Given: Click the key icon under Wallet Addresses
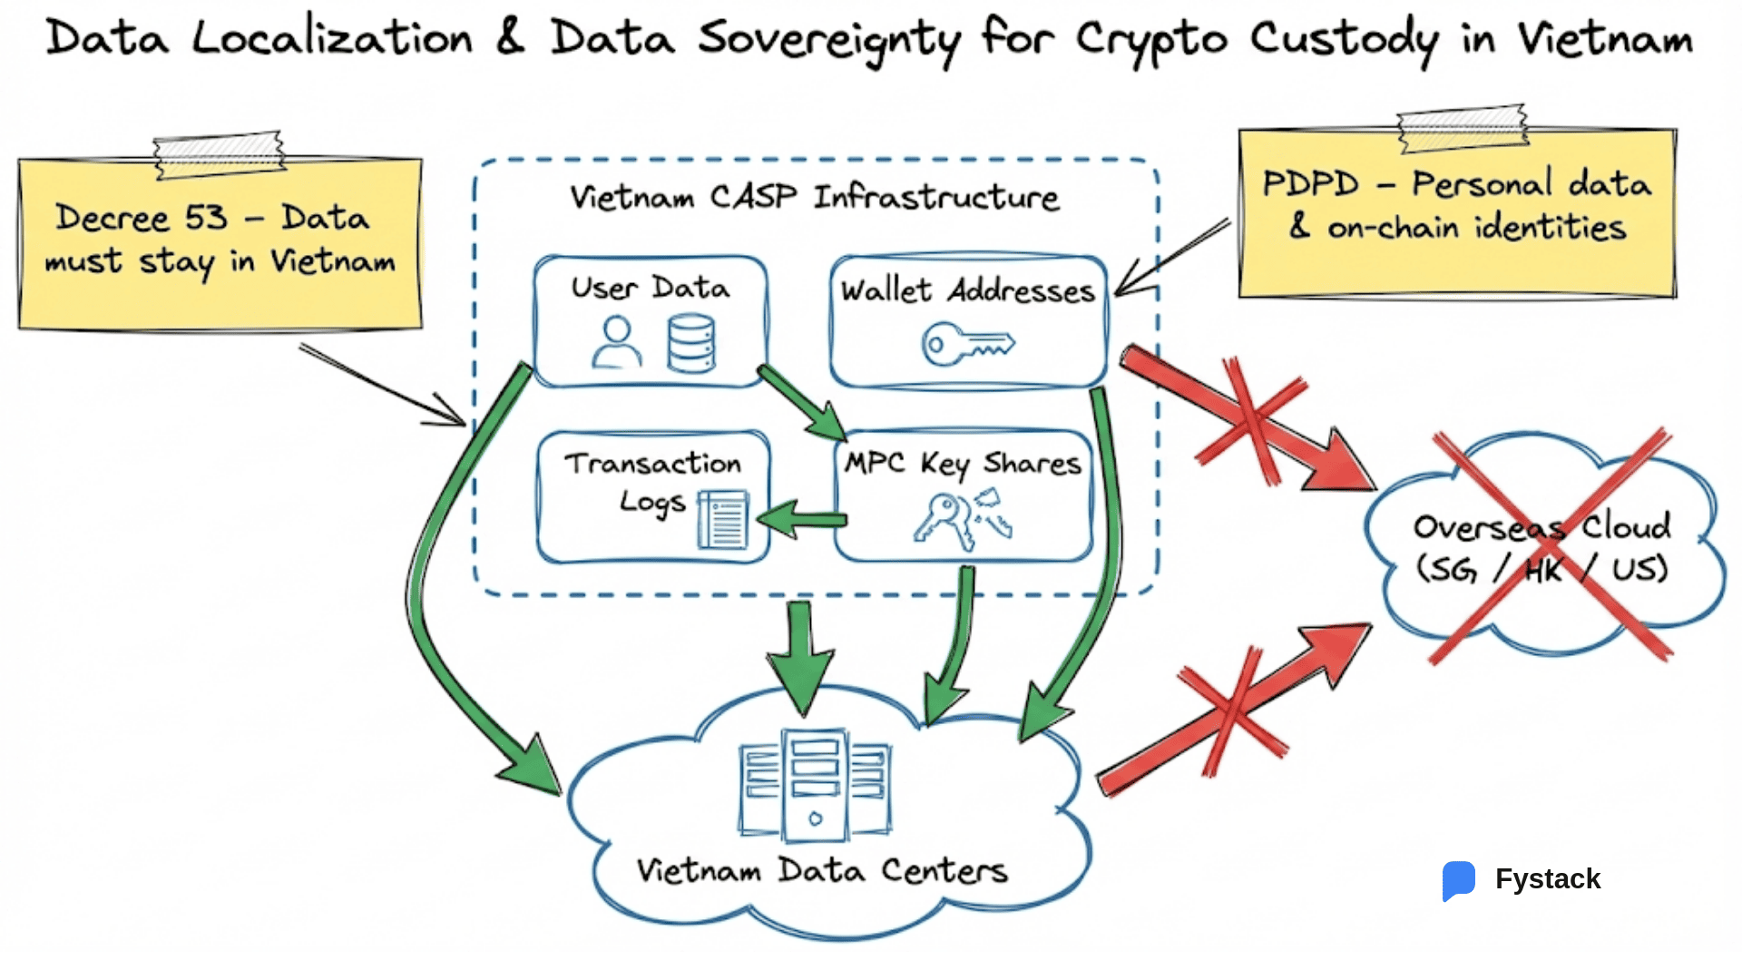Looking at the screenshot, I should coord(966,345).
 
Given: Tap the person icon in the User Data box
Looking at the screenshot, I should coord(617,342).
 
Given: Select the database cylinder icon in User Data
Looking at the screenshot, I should coord(691,343).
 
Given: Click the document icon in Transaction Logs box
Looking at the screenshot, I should coord(723,520).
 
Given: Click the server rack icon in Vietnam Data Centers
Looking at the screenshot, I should coord(815,785).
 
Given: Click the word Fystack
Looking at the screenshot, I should coord(1548,879).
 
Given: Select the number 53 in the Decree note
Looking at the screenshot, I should coord(206,218).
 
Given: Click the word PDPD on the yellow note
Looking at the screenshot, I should coord(1310,184).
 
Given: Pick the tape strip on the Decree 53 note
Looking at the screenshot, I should coord(219,153).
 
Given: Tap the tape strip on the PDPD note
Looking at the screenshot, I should coord(1463,128).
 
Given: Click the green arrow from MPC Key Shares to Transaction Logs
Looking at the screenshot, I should coord(802,520).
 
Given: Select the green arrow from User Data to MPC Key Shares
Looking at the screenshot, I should coord(802,403).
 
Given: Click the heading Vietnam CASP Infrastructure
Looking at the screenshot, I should coord(814,197).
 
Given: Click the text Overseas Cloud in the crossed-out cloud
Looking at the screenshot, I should coord(1541,526).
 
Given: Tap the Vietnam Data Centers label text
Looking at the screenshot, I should coord(821,870).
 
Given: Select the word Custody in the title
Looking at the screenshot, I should coord(1343,40).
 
